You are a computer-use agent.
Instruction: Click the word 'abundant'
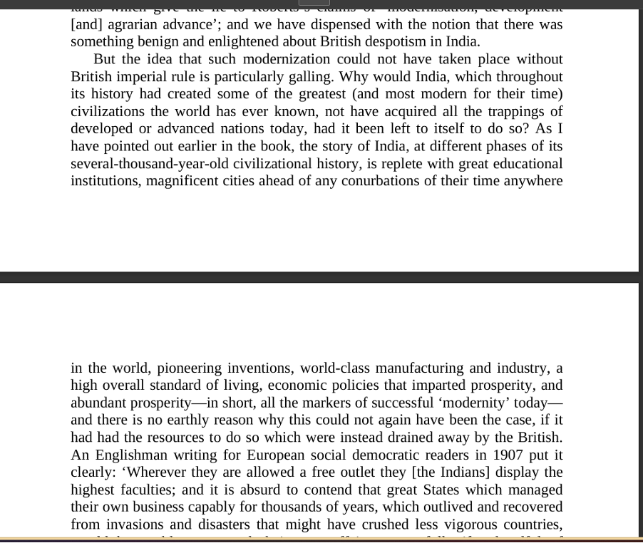pyautogui.click(x=99, y=403)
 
